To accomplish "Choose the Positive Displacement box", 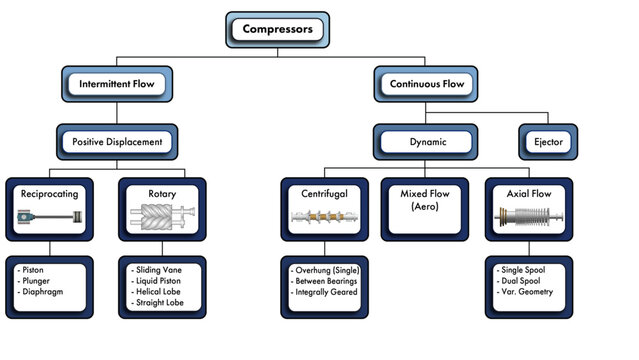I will [x=117, y=142].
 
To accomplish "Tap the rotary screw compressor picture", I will [x=162, y=217].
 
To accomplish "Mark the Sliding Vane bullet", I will [x=166, y=271].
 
